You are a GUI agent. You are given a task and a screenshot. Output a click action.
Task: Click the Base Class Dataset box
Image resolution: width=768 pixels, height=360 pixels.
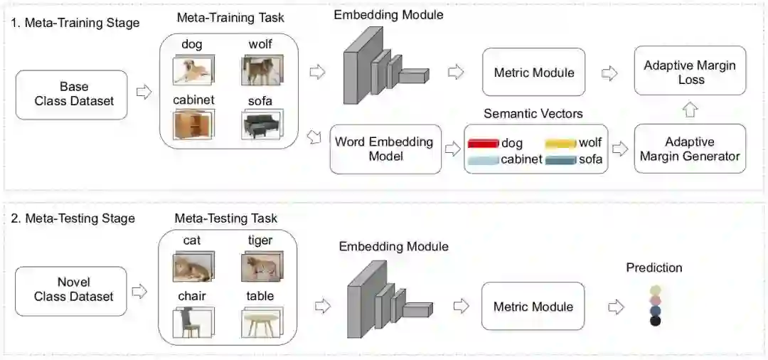coord(74,93)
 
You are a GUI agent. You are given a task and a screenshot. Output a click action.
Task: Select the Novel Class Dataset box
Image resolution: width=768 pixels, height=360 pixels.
coord(74,290)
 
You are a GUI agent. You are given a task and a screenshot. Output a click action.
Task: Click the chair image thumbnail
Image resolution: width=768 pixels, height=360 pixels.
coord(192,321)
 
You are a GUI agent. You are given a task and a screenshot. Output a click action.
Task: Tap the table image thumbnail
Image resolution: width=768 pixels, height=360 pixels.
coord(261,322)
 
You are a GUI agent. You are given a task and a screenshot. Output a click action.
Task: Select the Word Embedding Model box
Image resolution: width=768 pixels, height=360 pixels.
coord(385,149)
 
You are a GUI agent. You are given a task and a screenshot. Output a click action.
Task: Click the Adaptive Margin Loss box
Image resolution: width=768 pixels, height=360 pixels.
coord(690,72)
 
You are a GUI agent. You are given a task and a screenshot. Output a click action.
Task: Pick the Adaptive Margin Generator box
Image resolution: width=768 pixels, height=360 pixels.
coord(690,149)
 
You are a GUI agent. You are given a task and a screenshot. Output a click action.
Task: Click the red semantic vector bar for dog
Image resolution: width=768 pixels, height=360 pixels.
coord(484,144)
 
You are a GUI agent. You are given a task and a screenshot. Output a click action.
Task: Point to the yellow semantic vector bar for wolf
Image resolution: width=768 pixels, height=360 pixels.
coord(560,144)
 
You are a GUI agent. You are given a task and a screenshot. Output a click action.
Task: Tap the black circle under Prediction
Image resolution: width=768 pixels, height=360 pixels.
coord(655,321)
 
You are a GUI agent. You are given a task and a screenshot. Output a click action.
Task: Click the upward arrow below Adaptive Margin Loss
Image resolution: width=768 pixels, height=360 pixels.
coord(690,110)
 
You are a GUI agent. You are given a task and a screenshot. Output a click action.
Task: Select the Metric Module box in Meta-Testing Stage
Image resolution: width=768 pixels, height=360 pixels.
coord(533,306)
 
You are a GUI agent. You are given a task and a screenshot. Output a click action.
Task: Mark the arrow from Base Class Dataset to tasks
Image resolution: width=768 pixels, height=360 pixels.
coord(144,92)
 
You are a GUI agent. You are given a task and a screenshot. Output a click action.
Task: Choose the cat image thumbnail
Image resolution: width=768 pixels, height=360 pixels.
coord(192,267)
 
